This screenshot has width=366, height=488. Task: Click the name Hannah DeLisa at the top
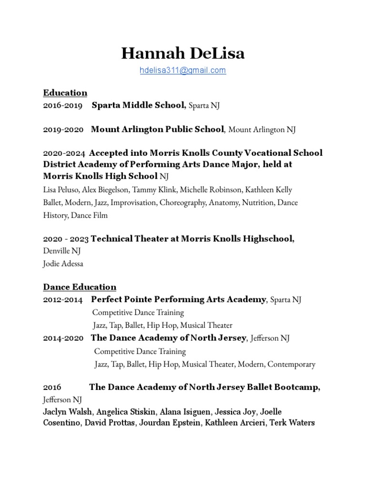click(183, 53)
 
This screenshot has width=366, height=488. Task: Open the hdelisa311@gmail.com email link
click(183, 71)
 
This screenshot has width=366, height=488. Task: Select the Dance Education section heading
click(80, 287)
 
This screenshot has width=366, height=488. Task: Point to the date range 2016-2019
click(62, 105)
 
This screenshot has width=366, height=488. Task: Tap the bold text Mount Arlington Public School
click(157, 129)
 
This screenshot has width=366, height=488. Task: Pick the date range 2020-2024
click(64, 153)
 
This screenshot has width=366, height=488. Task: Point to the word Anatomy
click(224, 203)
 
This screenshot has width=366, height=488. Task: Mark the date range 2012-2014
click(62, 300)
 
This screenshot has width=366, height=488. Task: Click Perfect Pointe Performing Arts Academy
click(178, 300)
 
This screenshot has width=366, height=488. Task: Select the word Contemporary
click(291, 364)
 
